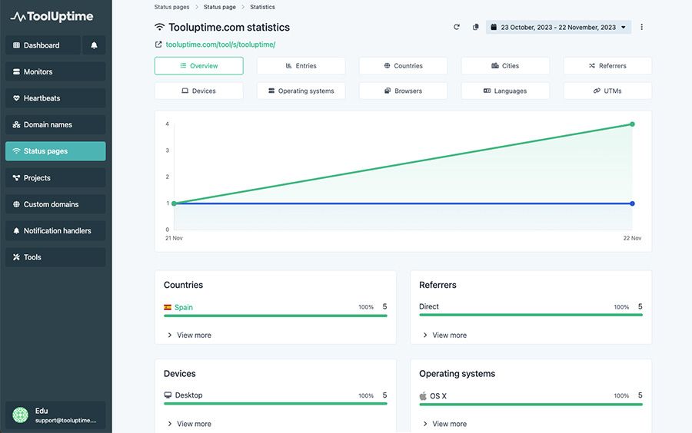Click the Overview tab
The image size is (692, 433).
coord(198,65)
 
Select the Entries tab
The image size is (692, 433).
coord(301,65)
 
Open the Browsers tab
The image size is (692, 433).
coord(403,91)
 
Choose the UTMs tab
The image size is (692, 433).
coord(607,91)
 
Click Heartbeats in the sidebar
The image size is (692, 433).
coord(55,98)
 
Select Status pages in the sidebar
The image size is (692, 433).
coord(55,151)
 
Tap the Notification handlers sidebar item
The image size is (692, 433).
coord(55,231)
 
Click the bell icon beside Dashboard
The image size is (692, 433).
coord(94,45)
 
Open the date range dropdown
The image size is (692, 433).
coord(558,28)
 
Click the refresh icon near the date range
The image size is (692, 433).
coord(456,28)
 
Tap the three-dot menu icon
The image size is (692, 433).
coord(641,28)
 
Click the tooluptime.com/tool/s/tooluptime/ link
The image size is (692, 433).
coord(220,45)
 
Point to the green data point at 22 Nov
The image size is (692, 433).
coord(632,124)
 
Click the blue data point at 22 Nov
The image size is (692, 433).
coord(632,203)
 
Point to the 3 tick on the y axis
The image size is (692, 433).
coord(168,150)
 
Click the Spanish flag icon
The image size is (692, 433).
coord(168,307)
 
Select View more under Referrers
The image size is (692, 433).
coord(445,335)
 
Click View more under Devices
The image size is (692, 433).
coord(189,424)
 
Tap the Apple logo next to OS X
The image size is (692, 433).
coord(423,396)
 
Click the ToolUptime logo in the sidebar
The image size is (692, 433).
coord(52,17)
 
